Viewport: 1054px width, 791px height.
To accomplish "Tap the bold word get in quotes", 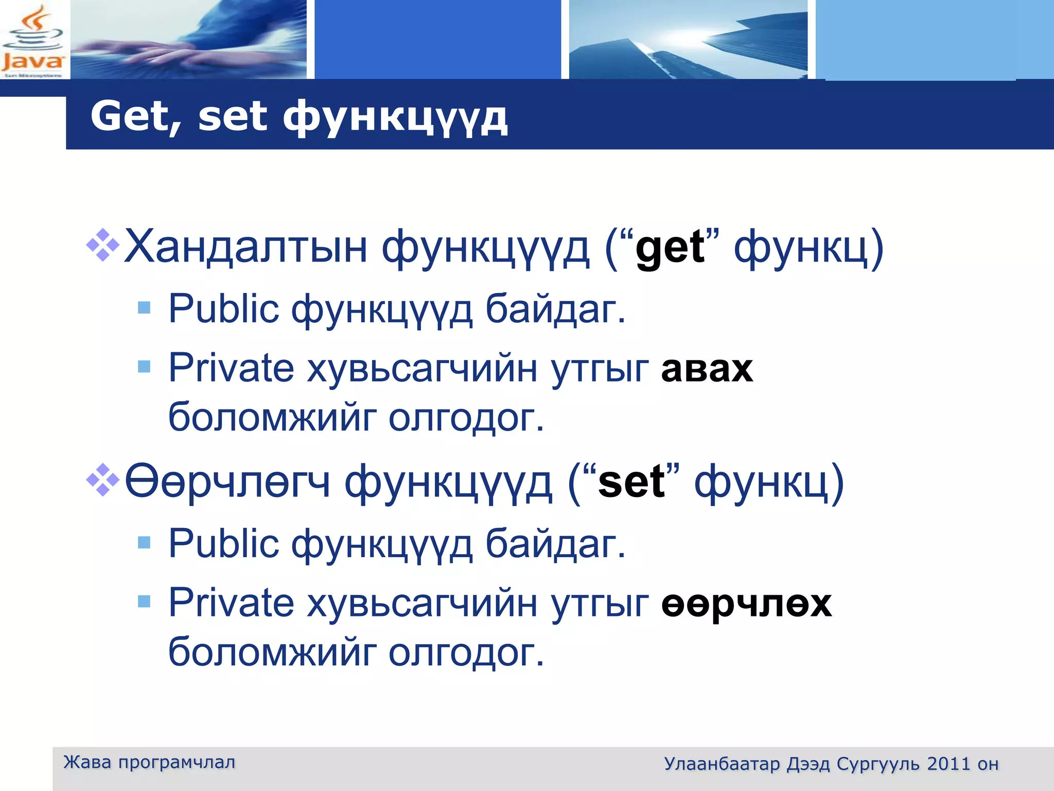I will tap(670, 248).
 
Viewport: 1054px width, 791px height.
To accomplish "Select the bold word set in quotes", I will tap(631, 483).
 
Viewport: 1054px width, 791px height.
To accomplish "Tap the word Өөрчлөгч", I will tap(227, 482).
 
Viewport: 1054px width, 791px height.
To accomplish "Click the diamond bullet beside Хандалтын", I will tap(103, 245).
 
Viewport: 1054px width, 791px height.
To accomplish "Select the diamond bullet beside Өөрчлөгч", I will tap(103, 479).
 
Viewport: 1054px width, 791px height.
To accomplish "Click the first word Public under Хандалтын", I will tap(223, 309).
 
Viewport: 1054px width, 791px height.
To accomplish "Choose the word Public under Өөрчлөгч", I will tap(223, 544).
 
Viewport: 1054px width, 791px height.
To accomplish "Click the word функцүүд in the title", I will tap(395, 117).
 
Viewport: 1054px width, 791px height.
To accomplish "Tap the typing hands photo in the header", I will tap(188, 40).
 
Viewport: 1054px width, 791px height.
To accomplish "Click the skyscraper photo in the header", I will tap(688, 40).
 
